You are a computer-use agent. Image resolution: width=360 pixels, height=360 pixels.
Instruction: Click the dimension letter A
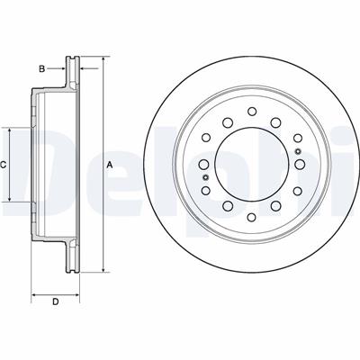[x=110, y=165]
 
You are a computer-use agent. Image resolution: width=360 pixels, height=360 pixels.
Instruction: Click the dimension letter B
[x=42, y=69]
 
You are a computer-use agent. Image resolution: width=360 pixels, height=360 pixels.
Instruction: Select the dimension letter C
[x=3, y=165]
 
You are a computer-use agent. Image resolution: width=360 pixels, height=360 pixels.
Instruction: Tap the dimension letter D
[x=55, y=301]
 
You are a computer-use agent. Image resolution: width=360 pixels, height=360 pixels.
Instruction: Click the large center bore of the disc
[x=252, y=164]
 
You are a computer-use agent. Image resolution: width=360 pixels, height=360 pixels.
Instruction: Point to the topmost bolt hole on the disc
[x=252, y=112]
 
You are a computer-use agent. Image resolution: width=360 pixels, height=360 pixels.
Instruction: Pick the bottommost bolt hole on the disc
[x=252, y=217]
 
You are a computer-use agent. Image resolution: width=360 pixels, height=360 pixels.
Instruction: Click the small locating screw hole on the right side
[x=298, y=151]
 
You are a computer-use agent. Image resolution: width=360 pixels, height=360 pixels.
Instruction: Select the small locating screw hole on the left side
[x=205, y=177]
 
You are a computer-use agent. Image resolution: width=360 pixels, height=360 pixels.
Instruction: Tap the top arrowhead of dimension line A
[x=103, y=58]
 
